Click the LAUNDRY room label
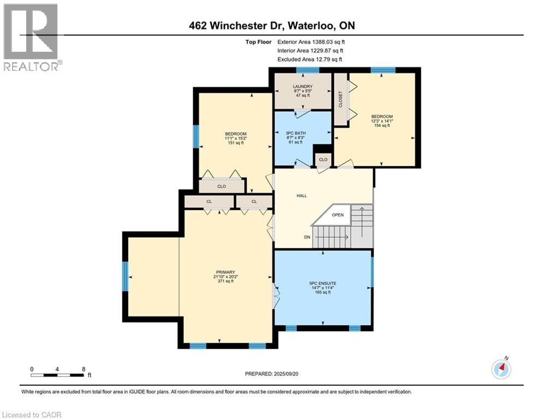coord(303,87)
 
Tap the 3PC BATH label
coord(295,133)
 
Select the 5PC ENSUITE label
coord(323,283)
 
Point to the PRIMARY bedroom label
coord(225,272)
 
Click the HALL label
coord(302,196)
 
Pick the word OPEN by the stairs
coord(338,215)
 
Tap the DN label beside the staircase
coord(307,237)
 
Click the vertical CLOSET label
coord(341,99)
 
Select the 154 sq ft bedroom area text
coord(382,125)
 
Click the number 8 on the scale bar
coord(83,369)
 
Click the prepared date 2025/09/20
coord(286,374)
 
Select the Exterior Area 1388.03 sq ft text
coord(311,42)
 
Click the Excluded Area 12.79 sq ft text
coord(309,59)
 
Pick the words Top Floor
coord(258,42)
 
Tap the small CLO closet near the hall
coord(323,160)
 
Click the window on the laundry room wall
coord(308,70)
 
